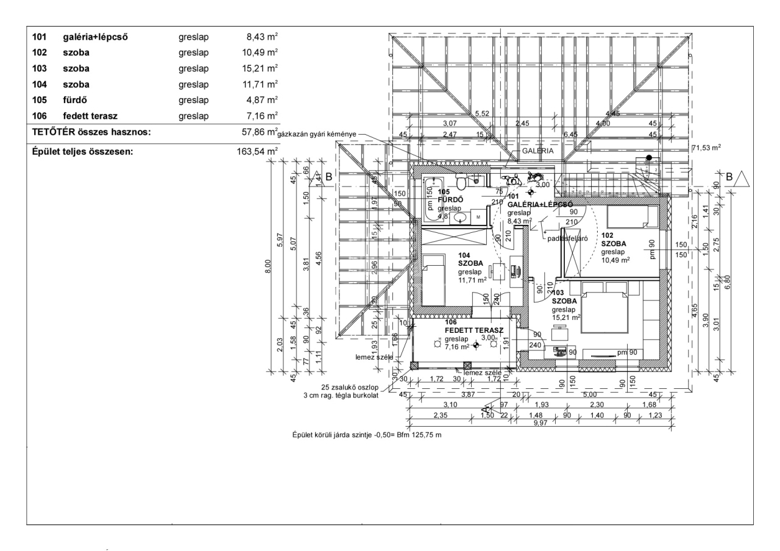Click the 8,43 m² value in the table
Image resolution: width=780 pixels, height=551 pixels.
[260, 37]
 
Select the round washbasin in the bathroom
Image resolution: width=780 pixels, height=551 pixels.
[461, 217]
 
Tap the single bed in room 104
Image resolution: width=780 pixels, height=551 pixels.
[434, 280]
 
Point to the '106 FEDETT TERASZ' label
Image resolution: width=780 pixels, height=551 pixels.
[473, 326]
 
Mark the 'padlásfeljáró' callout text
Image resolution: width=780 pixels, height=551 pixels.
[567, 239]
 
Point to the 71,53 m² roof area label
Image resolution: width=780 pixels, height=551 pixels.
[706, 148]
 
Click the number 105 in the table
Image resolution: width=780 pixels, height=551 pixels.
[39, 99]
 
